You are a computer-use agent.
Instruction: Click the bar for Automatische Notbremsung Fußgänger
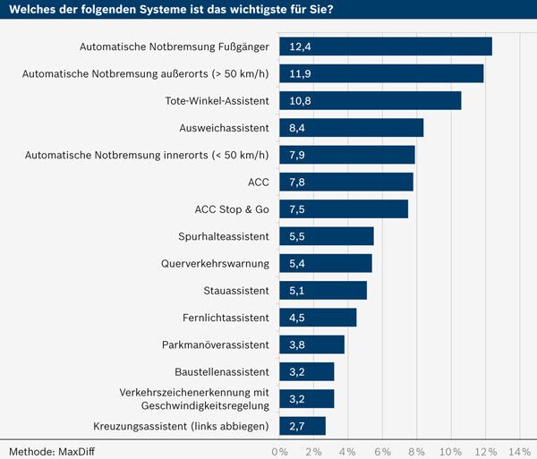[386, 47]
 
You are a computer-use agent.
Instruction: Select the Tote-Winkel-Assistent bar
[371, 100]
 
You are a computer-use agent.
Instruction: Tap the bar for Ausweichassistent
[352, 128]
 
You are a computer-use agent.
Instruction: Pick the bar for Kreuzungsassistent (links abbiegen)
[303, 426]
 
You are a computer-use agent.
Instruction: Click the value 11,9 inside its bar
[300, 73]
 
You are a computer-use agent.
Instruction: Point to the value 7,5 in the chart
[298, 209]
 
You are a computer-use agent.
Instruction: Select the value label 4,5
[298, 318]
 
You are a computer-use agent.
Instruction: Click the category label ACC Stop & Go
[232, 209]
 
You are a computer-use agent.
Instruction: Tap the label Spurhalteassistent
[224, 236]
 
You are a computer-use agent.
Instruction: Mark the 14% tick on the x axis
[519, 451]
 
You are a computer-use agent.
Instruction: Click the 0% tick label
[279, 451]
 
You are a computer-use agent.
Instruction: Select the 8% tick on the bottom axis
[417, 451]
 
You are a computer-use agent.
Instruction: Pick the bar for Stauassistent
[323, 291]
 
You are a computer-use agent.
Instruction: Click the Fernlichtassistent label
[225, 318]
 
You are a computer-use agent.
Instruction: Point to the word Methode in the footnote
[27, 451]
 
